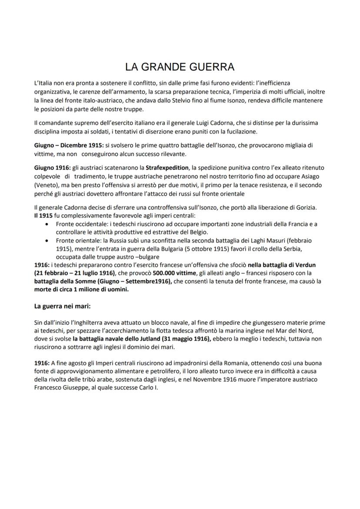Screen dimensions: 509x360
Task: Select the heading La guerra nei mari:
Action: tap(62, 306)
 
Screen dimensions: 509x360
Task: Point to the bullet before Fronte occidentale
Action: tap(47, 224)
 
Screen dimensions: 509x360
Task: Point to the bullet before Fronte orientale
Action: tap(47, 240)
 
